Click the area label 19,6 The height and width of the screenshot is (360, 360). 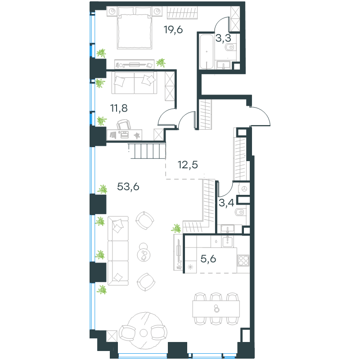point(173,30)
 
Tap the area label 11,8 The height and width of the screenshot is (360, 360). point(119,108)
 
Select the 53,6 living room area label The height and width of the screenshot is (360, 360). point(128,187)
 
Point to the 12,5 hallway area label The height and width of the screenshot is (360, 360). point(188,165)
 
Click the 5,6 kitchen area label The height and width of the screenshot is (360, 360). point(208,259)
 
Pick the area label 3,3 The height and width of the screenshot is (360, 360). point(223,38)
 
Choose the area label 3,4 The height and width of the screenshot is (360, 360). point(226,203)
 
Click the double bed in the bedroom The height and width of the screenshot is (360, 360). point(135,28)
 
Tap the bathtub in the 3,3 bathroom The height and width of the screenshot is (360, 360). point(207,52)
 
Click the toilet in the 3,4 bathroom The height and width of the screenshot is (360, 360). point(240,212)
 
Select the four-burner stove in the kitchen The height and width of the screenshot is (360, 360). point(243,261)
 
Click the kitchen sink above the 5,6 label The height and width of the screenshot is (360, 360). point(228,242)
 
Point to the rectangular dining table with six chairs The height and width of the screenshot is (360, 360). point(216,309)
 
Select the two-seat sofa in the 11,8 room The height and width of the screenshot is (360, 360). point(134,83)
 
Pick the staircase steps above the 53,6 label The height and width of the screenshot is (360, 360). point(147,151)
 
